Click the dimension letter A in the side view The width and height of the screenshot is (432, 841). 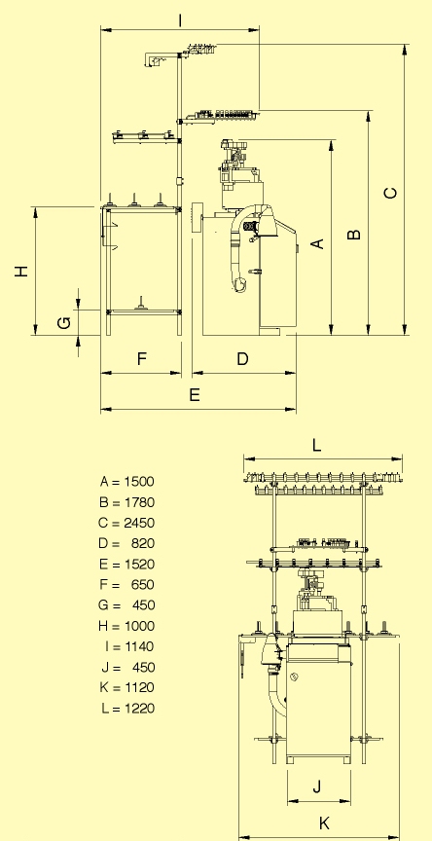316,243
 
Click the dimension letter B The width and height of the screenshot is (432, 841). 354,234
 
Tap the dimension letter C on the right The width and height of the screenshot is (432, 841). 390,193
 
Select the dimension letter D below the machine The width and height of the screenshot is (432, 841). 242,359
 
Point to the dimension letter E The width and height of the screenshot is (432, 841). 195,395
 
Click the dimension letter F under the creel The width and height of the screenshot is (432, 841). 141,359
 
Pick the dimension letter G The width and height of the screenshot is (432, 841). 63,322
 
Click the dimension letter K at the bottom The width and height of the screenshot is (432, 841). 323,823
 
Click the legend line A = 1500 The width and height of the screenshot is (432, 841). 127,482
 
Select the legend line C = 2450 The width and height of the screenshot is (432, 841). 127,523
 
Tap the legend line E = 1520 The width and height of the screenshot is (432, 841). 127,565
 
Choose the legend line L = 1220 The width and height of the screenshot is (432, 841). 127,709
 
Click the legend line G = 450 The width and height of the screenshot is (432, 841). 127,605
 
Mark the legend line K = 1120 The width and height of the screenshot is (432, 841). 127,688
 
